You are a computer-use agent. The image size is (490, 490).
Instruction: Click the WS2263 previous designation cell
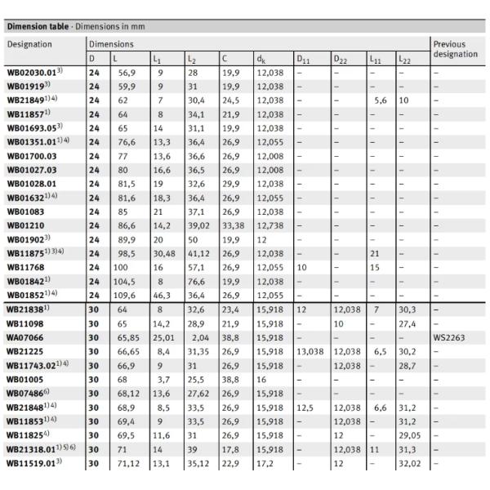coord(449,336)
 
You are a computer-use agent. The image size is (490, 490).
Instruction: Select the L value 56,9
coord(123,73)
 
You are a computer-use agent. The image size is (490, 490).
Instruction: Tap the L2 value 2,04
coord(194,336)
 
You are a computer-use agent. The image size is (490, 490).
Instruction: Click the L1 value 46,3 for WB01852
coord(162,293)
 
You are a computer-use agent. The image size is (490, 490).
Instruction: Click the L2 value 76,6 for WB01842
coord(195,280)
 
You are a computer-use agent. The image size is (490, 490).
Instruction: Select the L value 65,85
coord(125,336)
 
